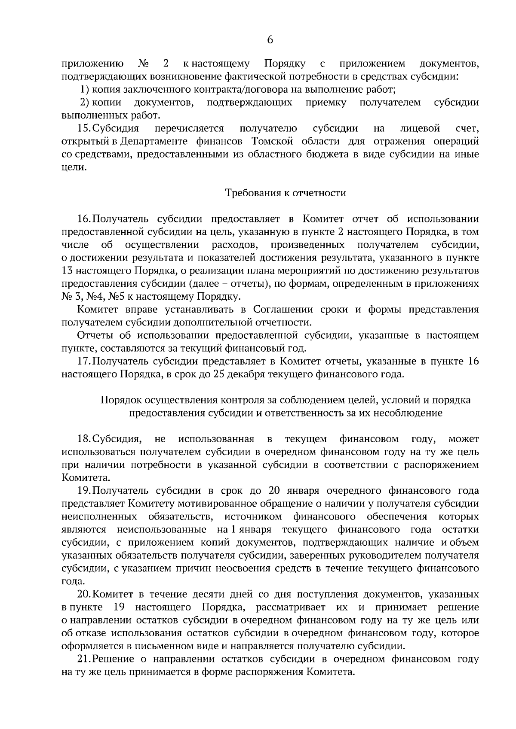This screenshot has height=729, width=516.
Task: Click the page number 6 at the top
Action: [270, 40]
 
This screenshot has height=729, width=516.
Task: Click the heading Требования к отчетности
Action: [286, 193]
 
